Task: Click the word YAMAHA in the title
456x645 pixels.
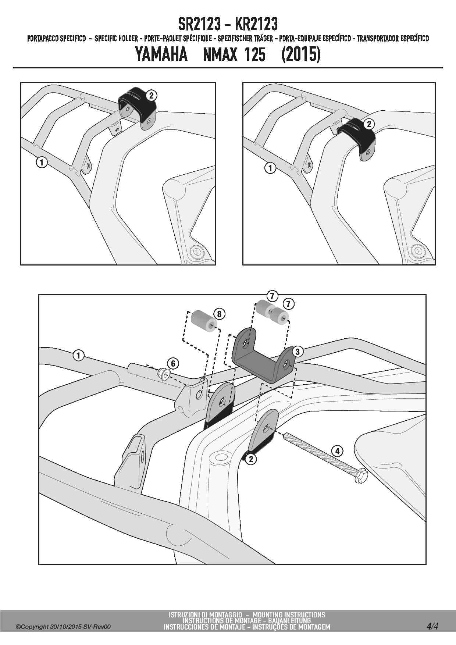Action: [x=161, y=55]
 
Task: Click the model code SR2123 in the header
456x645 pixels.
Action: [x=200, y=25]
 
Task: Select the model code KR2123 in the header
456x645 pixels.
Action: [x=256, y=25]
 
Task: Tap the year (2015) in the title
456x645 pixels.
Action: [x=301, y=55]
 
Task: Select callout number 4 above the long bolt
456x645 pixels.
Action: [x=337, y=450]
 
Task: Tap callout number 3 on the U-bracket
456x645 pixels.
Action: [x=297, y=352]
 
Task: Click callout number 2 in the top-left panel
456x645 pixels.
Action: [x=152, y=96]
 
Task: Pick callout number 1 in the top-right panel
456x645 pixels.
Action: [x=270, y=168]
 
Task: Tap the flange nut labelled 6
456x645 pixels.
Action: [x=163, y=374]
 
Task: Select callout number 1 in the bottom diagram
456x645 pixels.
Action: [x=78, y=356]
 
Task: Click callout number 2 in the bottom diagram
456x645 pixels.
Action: [x=251, y=459]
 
